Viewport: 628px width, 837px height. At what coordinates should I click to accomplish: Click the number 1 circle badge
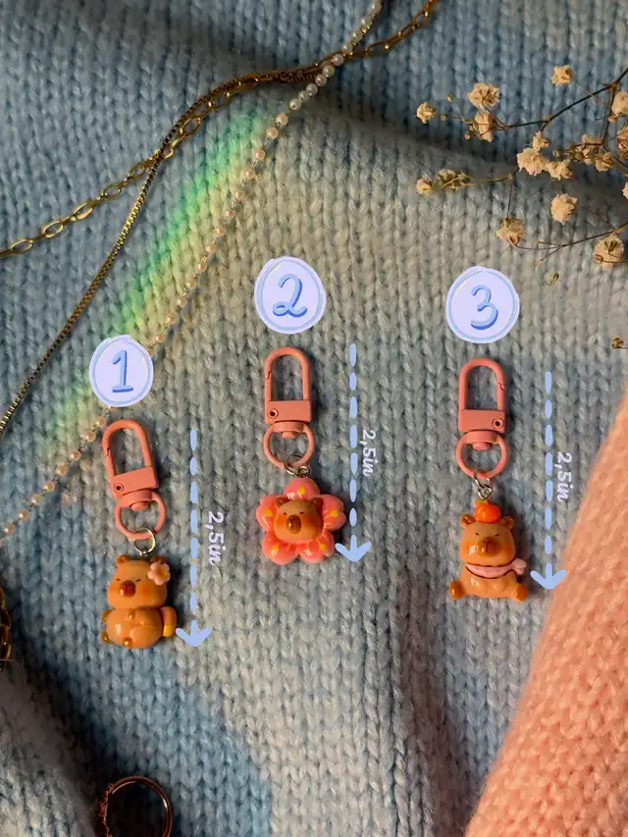(122, 371)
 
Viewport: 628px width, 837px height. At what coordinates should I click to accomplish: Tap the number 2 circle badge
(290, 295)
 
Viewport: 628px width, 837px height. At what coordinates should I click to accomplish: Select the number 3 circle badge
(483, 305)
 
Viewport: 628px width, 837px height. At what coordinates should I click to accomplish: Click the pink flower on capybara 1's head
(159, 573)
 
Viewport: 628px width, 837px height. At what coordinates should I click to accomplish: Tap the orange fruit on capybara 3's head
(487, 511)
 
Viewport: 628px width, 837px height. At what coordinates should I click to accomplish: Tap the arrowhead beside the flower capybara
(353, 550)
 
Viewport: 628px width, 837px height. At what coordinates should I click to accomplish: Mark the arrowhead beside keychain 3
(549, 578)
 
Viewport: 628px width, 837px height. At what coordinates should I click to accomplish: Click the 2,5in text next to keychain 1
(214, 538)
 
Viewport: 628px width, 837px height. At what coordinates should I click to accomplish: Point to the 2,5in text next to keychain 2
(369, 452)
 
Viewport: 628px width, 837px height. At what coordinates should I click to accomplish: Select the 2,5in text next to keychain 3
(563, 477)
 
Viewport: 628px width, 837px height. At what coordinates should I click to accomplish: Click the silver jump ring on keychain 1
(144, 541)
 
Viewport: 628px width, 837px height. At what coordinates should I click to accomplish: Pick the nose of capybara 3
(488, 545)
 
